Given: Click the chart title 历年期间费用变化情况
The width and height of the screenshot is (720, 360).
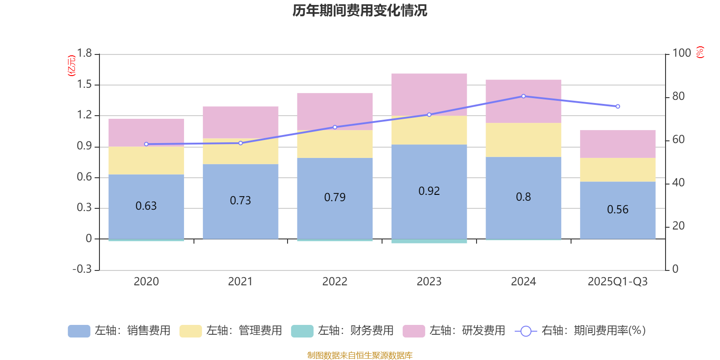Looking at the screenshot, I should [360, 10].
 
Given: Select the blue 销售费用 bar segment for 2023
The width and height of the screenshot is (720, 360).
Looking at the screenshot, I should [429, 211].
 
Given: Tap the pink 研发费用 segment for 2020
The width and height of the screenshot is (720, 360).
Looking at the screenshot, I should [146, 132].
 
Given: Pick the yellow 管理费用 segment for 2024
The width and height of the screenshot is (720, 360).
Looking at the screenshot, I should [523, 140].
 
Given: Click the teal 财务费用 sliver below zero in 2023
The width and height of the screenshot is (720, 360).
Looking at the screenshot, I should [429, 241].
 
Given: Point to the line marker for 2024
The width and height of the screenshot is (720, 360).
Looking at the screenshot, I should [523, 96].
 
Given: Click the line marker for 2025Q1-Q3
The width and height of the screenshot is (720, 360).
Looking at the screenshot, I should [618, 107].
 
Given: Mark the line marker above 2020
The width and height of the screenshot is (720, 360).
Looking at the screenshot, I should [146, 144].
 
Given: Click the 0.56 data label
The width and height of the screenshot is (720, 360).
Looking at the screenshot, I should [617, 209].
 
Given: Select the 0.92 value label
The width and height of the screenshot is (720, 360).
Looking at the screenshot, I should [429, 191].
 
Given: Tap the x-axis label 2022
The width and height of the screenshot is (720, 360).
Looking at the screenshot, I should [334, 282].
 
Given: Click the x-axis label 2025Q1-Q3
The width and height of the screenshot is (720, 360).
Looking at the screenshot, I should [617, 282].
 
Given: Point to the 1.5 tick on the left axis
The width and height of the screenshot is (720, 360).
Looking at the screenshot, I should [84, 85].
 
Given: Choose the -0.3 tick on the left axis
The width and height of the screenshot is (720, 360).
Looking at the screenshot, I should [82, 269].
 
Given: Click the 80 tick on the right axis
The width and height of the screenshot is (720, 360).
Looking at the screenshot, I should [678, 96].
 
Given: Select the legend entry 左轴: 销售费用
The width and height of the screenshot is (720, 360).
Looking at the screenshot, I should [119, 331].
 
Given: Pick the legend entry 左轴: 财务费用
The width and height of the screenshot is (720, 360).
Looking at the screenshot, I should [342, 331].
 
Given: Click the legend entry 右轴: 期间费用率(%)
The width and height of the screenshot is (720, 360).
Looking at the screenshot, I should [580, 331].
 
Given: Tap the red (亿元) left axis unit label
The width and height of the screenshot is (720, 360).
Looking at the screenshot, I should [71, 66].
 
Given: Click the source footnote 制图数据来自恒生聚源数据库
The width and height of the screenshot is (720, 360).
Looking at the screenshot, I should [360, 355].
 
